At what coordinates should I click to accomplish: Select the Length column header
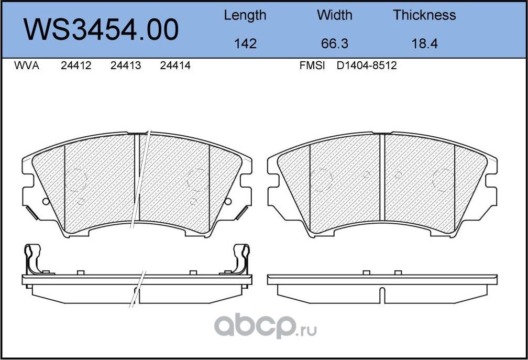[245, 15]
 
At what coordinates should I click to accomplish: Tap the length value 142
[245, 43]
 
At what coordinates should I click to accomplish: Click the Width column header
[335, 15]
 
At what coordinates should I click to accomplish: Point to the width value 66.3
[335, 43]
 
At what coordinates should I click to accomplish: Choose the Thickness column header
[424, 15]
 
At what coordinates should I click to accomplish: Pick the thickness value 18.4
[424, 43]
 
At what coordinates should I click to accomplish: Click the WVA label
[26, 66]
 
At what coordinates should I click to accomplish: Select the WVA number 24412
[76, 66]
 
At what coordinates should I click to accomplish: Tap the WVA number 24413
[126, 66]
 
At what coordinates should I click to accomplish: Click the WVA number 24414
[175, 66]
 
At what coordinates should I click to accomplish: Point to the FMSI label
[312, 66]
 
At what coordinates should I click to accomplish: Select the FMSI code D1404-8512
[367, 66]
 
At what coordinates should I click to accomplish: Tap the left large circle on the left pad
[76, 180]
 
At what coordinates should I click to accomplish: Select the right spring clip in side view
[242, 259]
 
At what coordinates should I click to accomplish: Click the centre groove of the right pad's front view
[382, 177]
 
